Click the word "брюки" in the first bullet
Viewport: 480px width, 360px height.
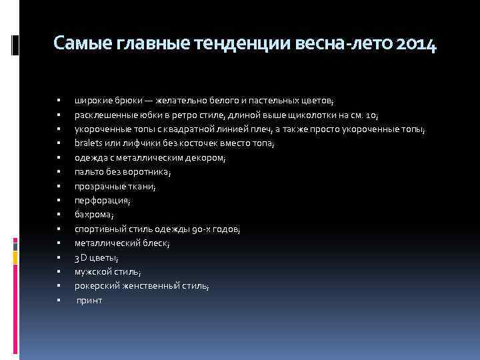[x=133, y=101]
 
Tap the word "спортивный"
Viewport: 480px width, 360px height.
[x=99, y=229]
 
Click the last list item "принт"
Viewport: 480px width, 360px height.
[x=90, y=301]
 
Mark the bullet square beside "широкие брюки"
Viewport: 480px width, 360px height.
[x=59, y=101]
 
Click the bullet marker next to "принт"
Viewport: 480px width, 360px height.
[x=59, y=301]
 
